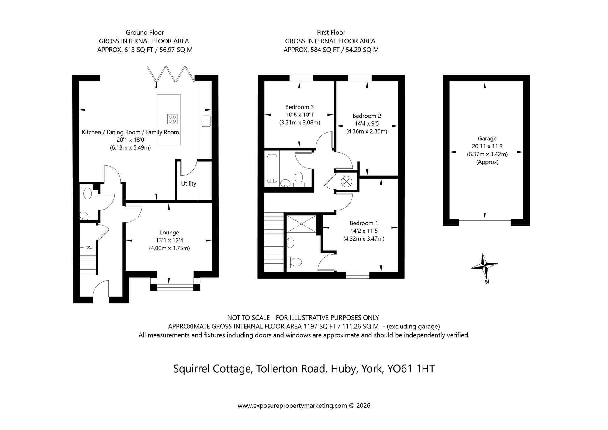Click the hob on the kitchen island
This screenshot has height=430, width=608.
click(172, 119)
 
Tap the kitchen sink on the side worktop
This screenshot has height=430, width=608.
click(206, 121)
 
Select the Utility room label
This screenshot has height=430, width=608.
click(188, 183)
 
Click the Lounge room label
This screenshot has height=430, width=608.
click(169, 233)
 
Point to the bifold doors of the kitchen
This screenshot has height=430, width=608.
click(171, 74)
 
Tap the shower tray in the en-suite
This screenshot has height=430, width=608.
click(302, 224)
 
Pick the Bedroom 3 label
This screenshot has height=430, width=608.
click(299, 107)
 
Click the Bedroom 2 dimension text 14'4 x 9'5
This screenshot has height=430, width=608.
click(367, 124)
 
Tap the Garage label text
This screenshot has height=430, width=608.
click(487, 139)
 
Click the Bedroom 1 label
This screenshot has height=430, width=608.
click(364, 223)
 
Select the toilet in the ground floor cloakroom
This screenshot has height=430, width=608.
click(87, 193)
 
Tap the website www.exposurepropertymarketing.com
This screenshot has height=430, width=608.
click(292, 406)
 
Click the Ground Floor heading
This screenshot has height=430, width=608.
click(145, 33)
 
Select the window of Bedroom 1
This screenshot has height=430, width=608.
click(358, 275)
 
